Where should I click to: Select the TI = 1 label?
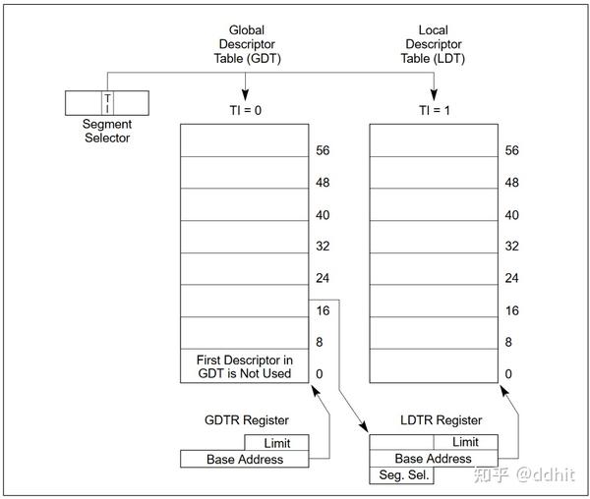point(433,109)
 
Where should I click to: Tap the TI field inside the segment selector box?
point(107,102)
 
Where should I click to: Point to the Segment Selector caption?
point(107,131)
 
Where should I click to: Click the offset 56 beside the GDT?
point(323,151)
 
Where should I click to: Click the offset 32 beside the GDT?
point(323,247)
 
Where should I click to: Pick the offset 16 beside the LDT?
point(510,310)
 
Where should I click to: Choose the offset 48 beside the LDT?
point(510,183)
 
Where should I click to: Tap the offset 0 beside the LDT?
point(507,374)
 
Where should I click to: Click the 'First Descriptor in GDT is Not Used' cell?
point(245,366)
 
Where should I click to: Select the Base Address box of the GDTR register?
point(244,459)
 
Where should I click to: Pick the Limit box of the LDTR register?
point(465,443)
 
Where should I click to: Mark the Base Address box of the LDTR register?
point(433,459)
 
